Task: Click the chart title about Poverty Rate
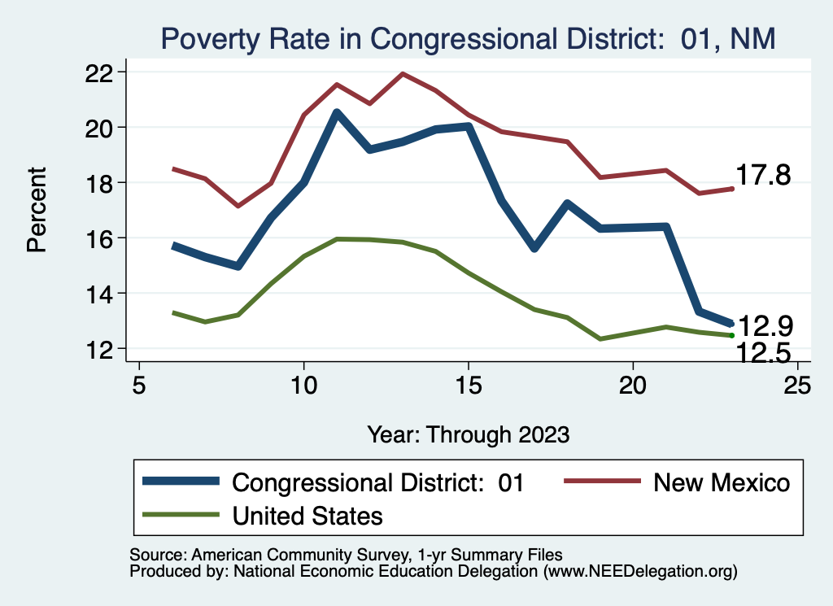[x=469, y=38]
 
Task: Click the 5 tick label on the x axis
[x=139, y=385]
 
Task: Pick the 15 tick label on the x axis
[x=468, y=385]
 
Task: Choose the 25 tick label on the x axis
[x=797, y=385]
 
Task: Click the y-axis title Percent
[x=37, y=210]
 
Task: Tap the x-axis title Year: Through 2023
[x=468, y=434]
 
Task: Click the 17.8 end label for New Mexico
[x=763, y=175]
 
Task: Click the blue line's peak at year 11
[x=337, y=112]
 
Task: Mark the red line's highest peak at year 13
[x=403, y=74]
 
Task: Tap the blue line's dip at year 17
[x=534, y=248]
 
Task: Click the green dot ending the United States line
[x=732, y=335]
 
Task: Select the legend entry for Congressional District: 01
[x=334, y=482]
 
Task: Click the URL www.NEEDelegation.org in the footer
[x=640, y=572]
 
